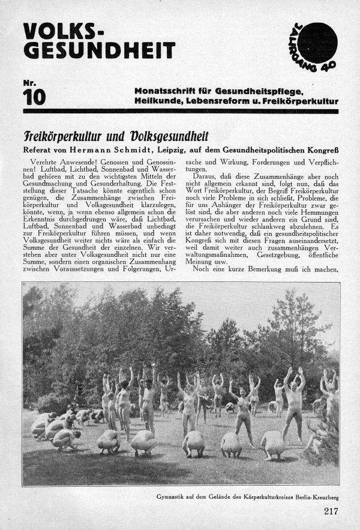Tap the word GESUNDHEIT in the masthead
[x=100, y=50]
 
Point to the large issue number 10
[x=35, y=98]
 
